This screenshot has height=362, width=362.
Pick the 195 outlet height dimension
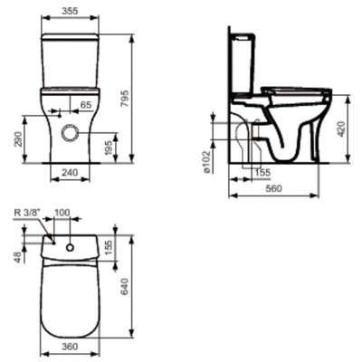point(110,148)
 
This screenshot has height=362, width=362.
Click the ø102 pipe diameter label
point(208,160)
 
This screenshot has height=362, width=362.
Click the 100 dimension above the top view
point(87,213)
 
